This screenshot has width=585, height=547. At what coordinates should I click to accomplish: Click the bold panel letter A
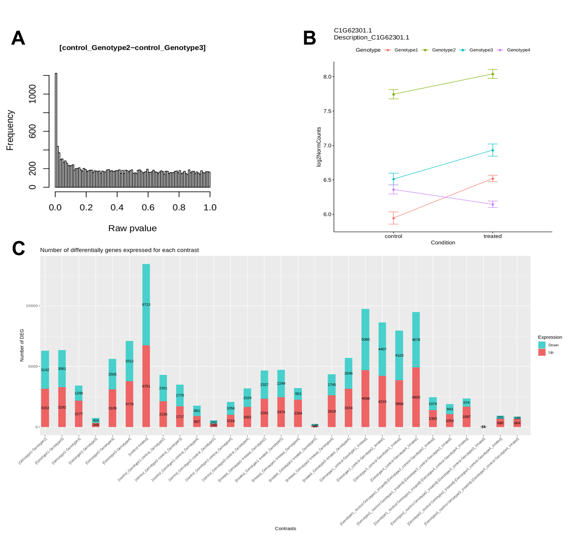[18, 38]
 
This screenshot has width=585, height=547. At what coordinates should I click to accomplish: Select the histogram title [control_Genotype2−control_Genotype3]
[133, 48]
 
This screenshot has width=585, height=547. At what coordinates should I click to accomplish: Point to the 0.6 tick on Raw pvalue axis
[148, 207]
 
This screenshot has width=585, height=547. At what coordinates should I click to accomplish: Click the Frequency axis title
[10, 130]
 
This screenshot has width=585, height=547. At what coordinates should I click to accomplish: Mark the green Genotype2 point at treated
[493, 74]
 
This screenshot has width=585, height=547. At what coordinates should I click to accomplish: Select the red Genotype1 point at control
[393, 218]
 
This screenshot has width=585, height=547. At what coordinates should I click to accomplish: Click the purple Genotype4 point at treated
[493, 204]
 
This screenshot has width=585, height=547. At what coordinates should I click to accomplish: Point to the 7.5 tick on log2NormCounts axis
[327, 111]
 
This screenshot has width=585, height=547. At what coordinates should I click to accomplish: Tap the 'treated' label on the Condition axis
[492, 236]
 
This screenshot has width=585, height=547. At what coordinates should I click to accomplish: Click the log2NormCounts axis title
[319, 147]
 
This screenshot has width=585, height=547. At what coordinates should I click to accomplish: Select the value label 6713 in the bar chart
[146, 304]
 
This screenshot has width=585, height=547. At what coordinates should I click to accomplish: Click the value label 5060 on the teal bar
[365, 340]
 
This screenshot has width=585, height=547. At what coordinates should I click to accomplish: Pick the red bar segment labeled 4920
[416, 397]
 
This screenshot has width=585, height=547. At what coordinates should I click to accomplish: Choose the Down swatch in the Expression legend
[542, 345]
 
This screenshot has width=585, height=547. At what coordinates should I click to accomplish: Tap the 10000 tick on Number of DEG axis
[32, 306]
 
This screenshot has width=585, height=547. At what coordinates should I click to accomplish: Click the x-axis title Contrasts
[285, 529]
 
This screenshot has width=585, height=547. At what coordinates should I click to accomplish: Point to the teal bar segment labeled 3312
[129, 361]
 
